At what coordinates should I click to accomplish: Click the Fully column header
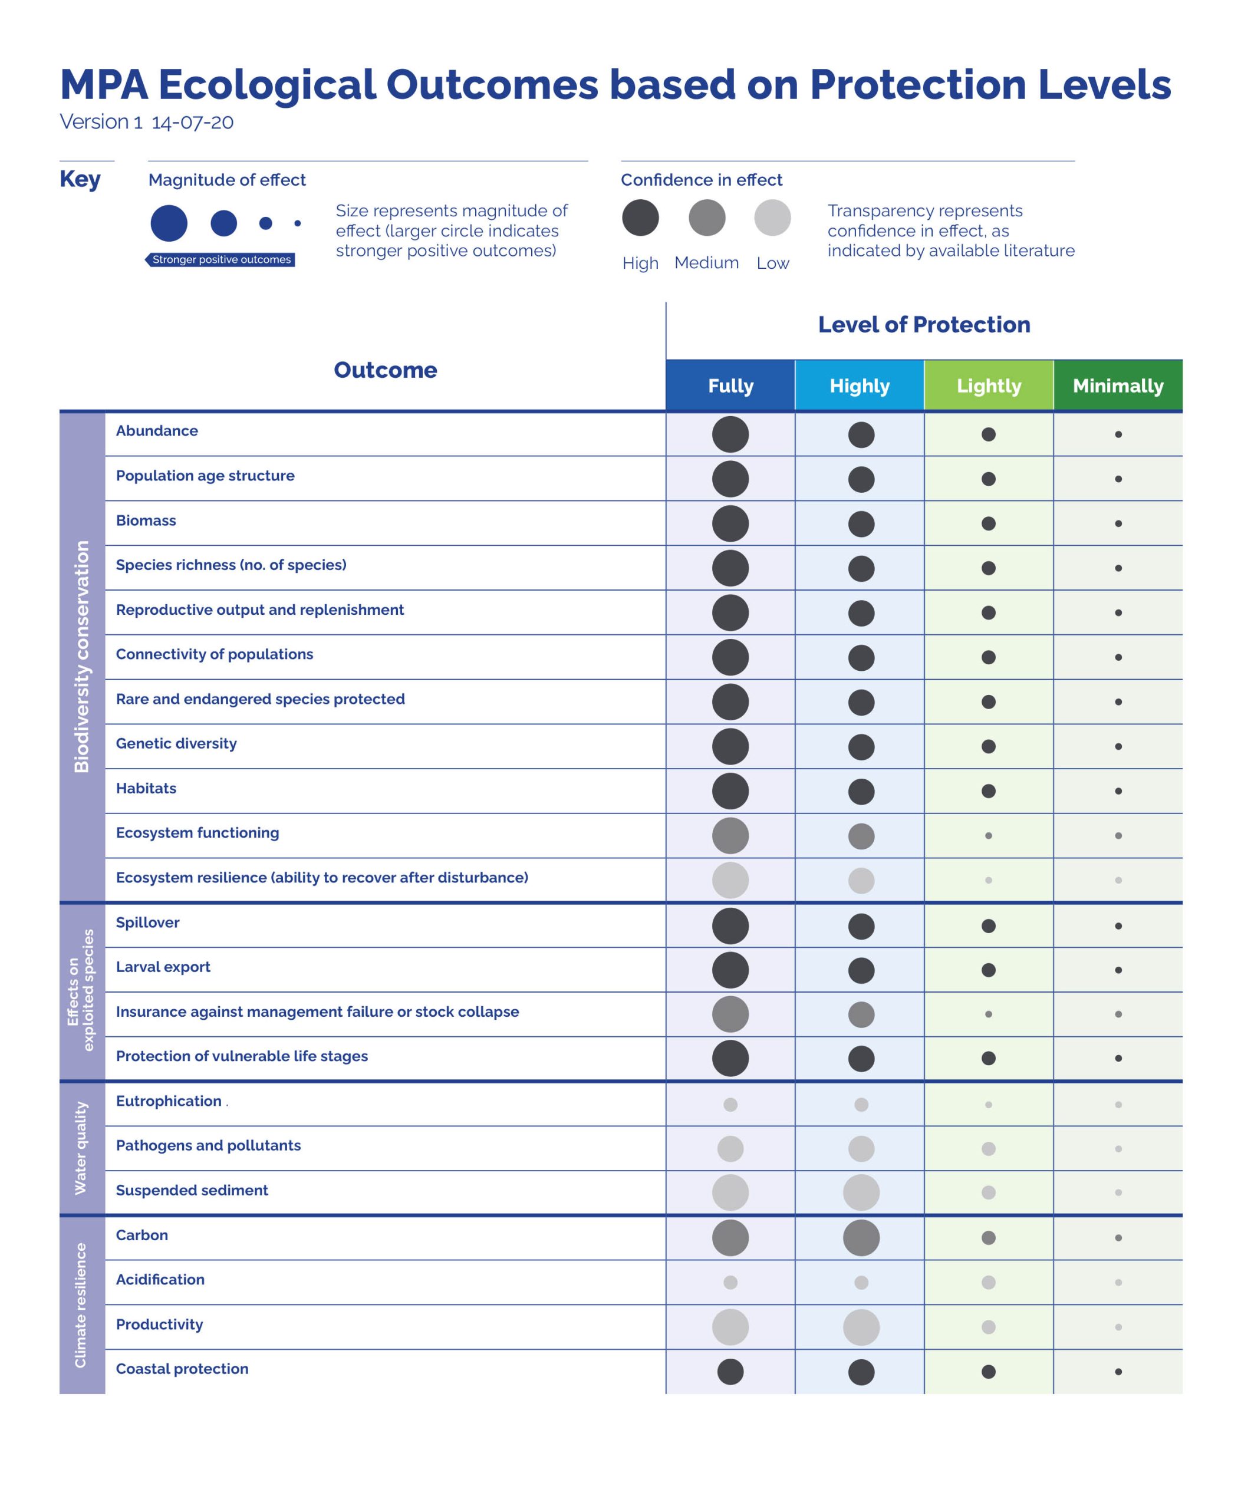point(730,386)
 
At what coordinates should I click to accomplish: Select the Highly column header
point(860,386)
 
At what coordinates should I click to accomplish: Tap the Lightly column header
point(989,386)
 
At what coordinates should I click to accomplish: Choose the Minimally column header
point(1118,386)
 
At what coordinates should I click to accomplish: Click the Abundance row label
point(157,431)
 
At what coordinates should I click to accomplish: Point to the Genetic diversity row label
point(176,744)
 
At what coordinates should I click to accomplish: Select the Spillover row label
point(147,922)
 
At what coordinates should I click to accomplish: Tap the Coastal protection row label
point(182,1369)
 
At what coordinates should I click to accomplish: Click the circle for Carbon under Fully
point(730,1238)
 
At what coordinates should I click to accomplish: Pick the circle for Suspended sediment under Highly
point(861,1193)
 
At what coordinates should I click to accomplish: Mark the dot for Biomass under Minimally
point(1118,524)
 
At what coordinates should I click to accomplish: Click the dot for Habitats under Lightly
point(989,791)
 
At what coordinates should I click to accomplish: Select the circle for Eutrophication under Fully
point(730,1105)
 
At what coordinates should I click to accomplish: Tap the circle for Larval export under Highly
point(861,971)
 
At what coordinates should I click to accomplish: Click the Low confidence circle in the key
point(772,218)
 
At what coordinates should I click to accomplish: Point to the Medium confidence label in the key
point(706,263)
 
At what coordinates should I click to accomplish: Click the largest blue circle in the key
point(169,223)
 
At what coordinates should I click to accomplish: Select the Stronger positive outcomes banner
point(220,259)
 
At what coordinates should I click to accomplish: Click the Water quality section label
point(81,1148)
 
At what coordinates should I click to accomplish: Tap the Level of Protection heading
point(924,325)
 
